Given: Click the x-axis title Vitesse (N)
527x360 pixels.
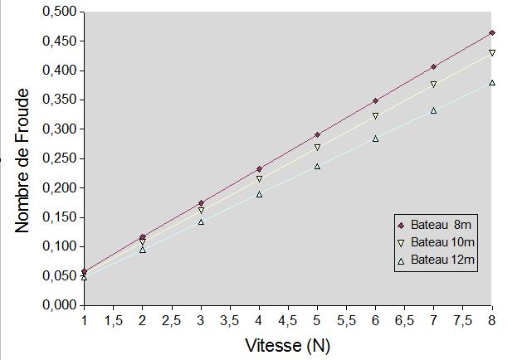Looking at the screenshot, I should [x=288, y=343].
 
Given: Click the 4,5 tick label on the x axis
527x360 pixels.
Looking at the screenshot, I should [x=288, y=319].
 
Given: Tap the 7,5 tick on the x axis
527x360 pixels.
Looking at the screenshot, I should [x=463, y=319].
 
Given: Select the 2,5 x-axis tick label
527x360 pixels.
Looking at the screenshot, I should [x=172, y=319].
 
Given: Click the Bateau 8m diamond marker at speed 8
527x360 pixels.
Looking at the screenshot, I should [x=492, y=33].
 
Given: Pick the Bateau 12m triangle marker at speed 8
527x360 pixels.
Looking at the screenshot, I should [x=492, y=83].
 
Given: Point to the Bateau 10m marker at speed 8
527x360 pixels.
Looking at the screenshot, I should [x=492, y=53].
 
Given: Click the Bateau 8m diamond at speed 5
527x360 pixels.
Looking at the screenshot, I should [x=317, y=134].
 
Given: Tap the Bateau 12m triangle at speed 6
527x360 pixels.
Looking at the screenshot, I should [x=375, y=139].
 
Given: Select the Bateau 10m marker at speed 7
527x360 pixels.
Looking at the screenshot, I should [x=433, y=85].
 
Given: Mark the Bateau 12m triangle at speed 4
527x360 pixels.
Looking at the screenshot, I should [x=259, y=194].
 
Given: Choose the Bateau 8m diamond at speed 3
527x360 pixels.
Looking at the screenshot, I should [x=201, y=203].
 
